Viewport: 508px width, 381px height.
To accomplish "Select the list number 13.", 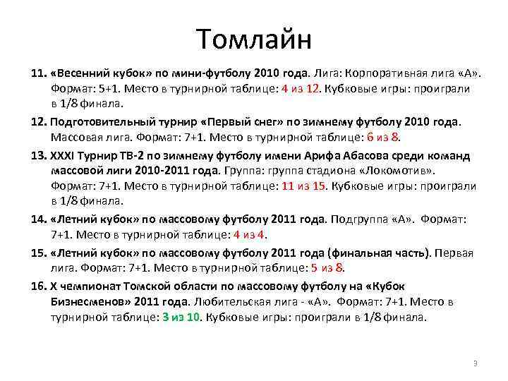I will (x=39, y=155).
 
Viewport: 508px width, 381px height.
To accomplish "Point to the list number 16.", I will (x=39, y=286).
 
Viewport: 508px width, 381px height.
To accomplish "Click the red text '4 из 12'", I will (x=301, y=89).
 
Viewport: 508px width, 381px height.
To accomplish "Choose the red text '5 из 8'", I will (x=327, y=268).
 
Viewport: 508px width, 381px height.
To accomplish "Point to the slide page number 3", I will (x=475, y=363).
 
